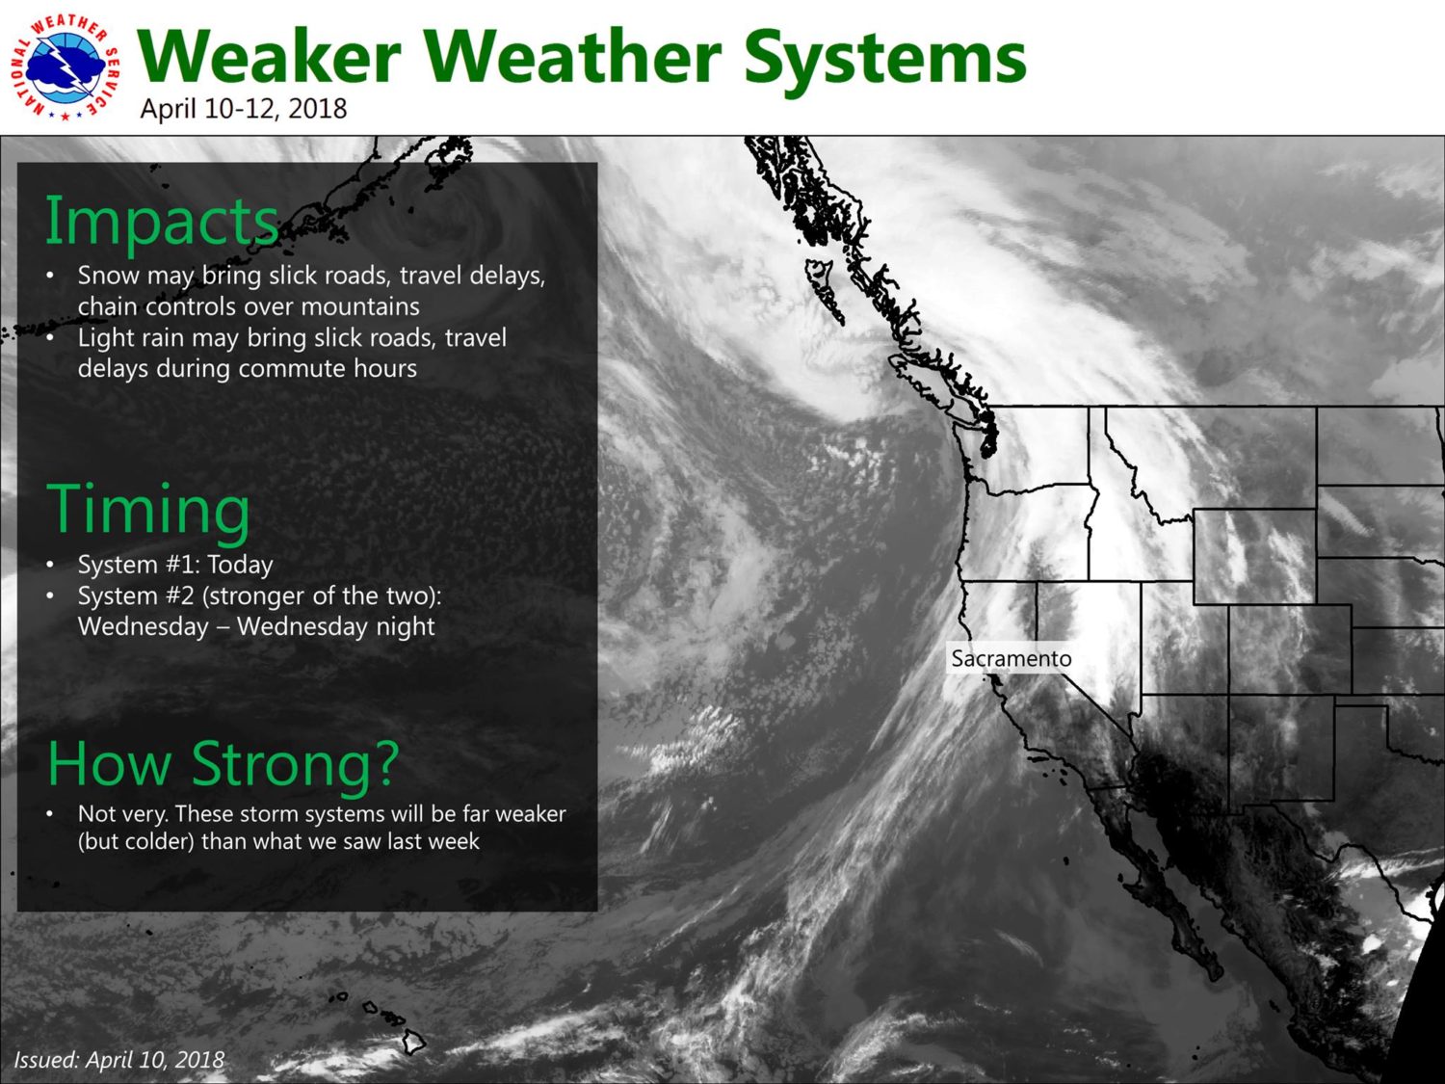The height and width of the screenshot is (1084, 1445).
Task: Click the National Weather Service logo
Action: pos(65,67)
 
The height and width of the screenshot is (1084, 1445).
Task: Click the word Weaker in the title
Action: pos(269,57)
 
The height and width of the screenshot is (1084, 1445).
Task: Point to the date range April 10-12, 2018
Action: pos(244,109)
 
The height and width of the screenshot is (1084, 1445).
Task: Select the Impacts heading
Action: pos(162,222)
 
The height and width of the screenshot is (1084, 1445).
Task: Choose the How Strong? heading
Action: pos(223,763)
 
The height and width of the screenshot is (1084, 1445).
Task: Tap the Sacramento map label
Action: pos(1011,658)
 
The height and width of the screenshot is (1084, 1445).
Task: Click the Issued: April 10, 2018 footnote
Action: pos(119,1060)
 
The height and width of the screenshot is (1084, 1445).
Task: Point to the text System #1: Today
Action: pos(175,565)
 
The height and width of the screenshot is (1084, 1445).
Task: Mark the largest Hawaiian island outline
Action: pos(414,1042)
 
